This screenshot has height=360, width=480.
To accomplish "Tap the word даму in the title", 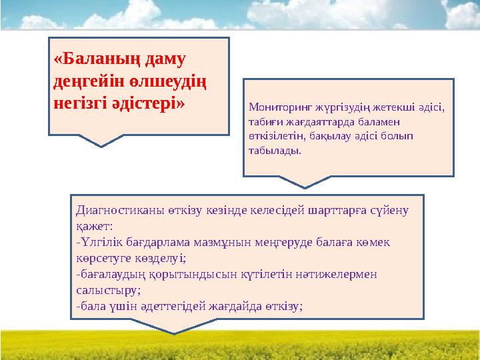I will [161, 59].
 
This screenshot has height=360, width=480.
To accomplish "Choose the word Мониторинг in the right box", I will [275, 107].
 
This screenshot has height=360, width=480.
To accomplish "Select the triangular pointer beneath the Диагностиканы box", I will [175, 326].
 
